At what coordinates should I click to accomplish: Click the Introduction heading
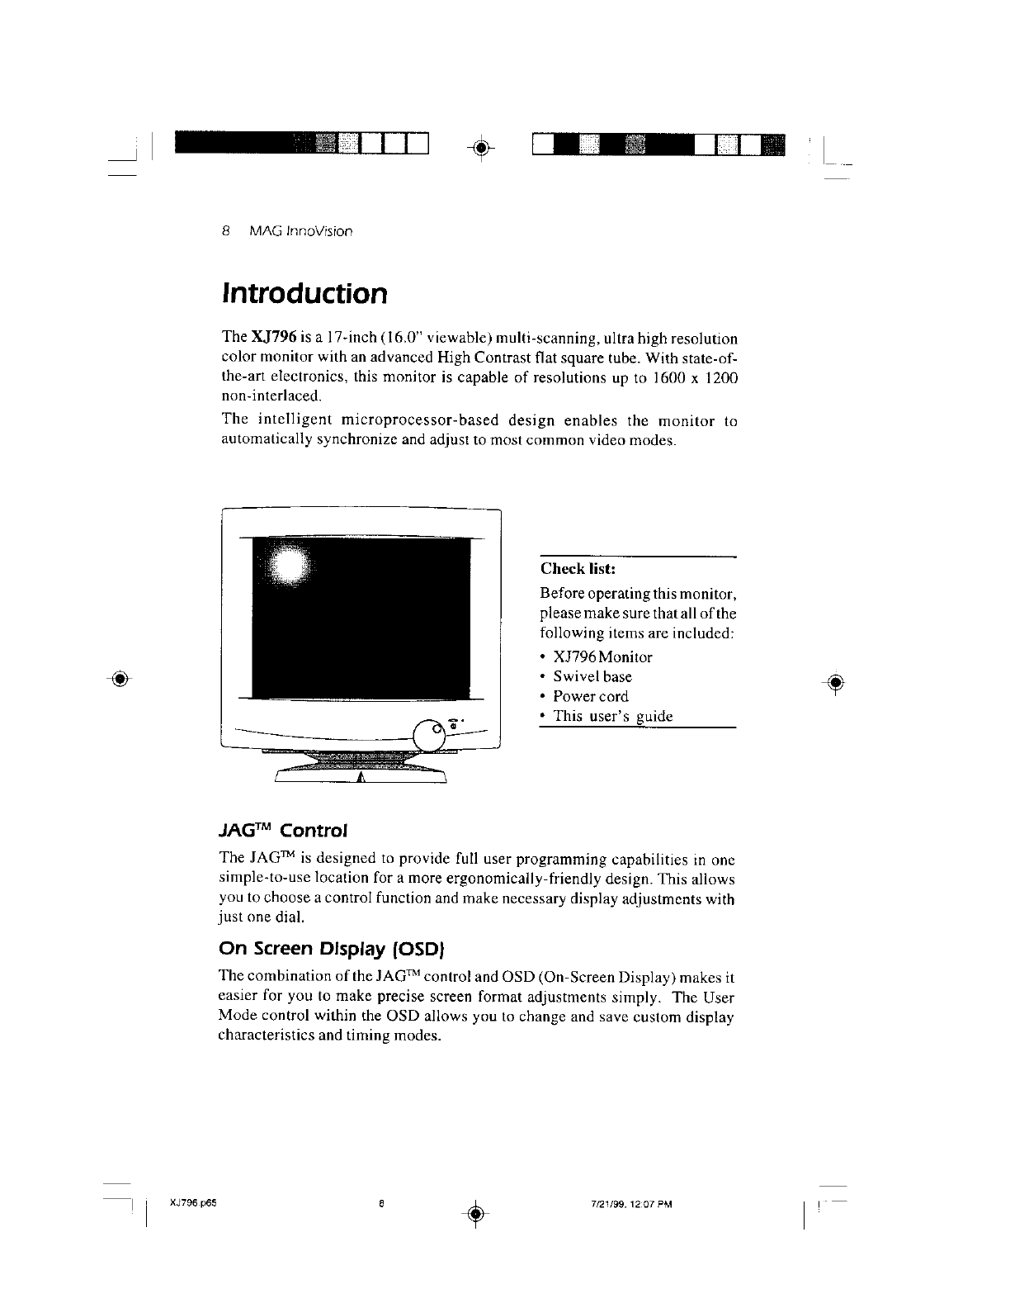click(x=304, y=293)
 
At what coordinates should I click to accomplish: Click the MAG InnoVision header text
click(x=300, y=230)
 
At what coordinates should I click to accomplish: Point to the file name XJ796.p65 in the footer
click(x=191, y=1202)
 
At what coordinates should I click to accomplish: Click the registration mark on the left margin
click(x=120, y=679)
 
